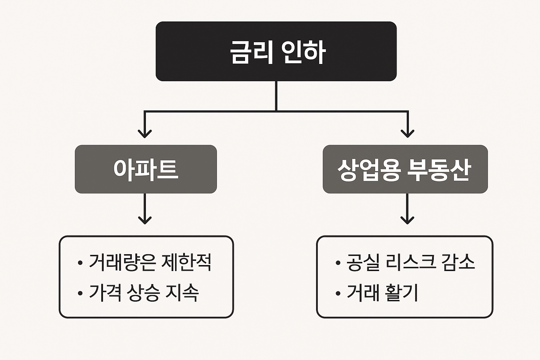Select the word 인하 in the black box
303,52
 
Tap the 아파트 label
146,169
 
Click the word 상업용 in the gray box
369,170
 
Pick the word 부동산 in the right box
439,170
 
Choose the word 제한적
186,262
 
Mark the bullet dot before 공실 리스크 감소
338,263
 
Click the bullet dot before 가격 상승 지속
80,293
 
